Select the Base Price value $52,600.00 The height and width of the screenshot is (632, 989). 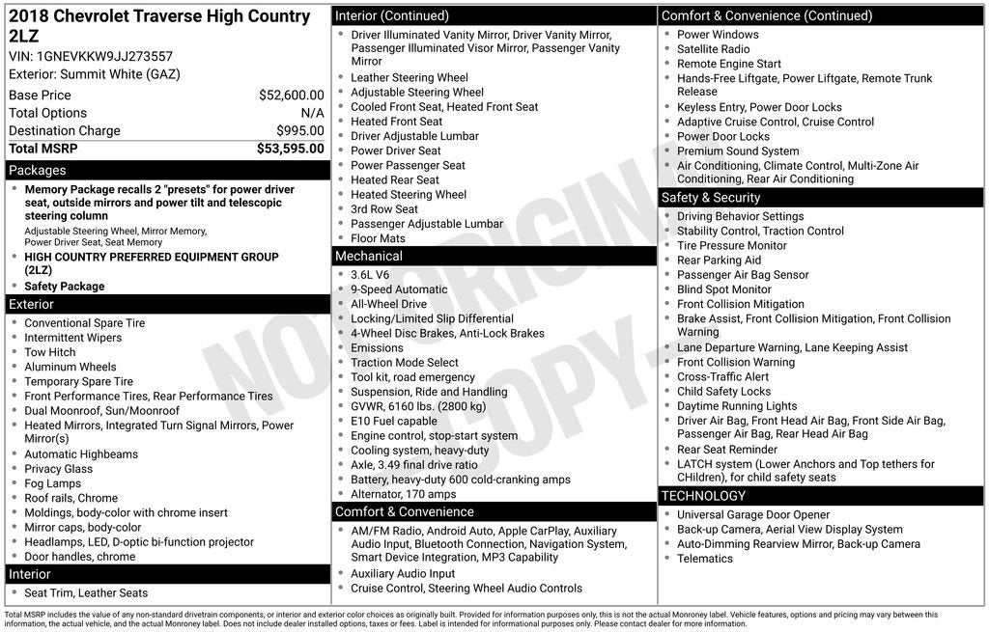291,95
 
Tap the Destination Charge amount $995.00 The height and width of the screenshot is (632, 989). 299,131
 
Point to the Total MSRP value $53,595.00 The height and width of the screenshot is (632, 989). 290,149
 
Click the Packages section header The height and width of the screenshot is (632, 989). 38,170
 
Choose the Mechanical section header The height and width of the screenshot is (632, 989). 368,256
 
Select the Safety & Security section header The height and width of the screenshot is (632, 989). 711,197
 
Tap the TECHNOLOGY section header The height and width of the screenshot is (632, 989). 703,495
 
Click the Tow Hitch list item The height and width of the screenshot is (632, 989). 50,352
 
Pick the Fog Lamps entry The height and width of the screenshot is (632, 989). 53,483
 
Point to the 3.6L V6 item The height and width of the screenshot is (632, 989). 370,275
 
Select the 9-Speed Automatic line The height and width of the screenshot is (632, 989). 399,289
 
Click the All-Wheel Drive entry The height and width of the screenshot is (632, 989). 388,304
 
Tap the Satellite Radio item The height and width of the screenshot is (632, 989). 713,49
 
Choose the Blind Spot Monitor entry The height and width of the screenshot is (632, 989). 724,289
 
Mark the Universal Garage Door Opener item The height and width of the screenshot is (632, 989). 753,514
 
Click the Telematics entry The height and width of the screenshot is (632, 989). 705,559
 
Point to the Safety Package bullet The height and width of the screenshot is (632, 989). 65,287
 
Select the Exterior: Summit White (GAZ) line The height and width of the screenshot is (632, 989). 95,74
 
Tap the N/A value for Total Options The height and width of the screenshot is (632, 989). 312,113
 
